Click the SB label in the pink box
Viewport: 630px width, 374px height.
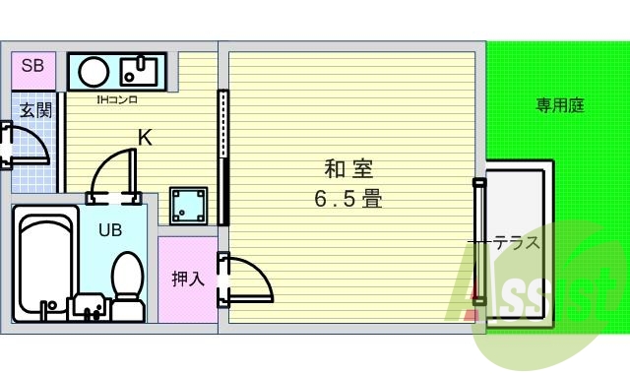[x=32, y=67]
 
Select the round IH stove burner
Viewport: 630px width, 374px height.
[x=95, y=71]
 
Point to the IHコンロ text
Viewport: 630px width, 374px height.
[x=116, y=99]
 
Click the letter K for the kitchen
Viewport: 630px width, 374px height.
[x=145, y=138]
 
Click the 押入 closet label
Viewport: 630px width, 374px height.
[x=187, y=279]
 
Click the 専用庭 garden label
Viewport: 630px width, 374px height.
[x=560, y=104]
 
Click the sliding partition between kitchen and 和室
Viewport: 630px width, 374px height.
[x=223, y=157]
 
